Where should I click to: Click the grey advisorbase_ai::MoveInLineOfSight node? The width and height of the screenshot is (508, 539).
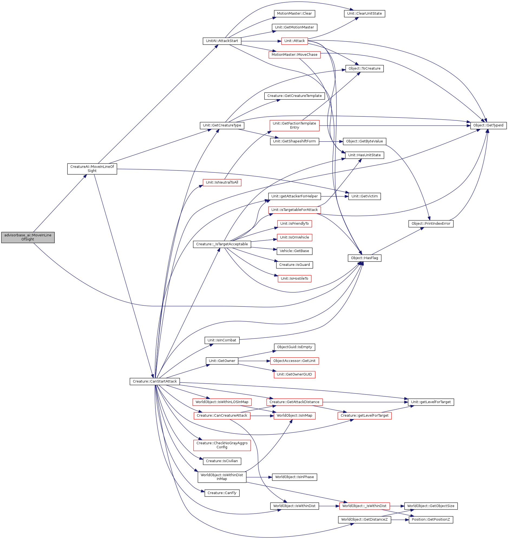coord(28,237)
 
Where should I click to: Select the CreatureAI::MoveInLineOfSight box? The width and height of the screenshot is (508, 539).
coord(92,169)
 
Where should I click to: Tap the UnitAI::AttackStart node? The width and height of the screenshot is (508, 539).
coord(222,41)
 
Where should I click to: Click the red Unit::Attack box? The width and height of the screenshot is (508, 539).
coord(295,41)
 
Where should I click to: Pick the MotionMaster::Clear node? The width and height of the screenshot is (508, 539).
coord(294,14)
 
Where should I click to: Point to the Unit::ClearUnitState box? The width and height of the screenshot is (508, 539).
coord(365,14)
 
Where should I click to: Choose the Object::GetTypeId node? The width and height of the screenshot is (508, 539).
coord(489,126)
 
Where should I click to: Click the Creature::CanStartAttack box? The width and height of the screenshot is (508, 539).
coord(155,381)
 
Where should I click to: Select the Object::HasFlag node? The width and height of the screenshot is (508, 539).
coord(365,258)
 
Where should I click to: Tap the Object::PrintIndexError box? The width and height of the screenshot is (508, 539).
coord(431,224)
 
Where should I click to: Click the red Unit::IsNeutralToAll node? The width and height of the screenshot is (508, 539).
coord(222,183)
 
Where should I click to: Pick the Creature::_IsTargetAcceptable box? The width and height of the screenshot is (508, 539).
coord(222,244)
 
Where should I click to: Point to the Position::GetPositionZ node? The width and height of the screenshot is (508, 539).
coord(431,520)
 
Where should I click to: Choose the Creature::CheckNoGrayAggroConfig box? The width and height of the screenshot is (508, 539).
coord(222,445)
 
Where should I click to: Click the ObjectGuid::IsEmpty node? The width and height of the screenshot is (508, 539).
coord(295,347)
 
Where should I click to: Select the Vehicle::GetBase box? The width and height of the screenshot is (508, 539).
coord(294,251)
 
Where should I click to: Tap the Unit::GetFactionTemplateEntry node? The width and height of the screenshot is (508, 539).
coord(295,126)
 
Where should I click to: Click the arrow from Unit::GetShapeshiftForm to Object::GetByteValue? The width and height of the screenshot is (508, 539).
coord(331,142)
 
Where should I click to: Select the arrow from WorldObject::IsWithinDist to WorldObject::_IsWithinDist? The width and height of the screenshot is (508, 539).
coord(329,506)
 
